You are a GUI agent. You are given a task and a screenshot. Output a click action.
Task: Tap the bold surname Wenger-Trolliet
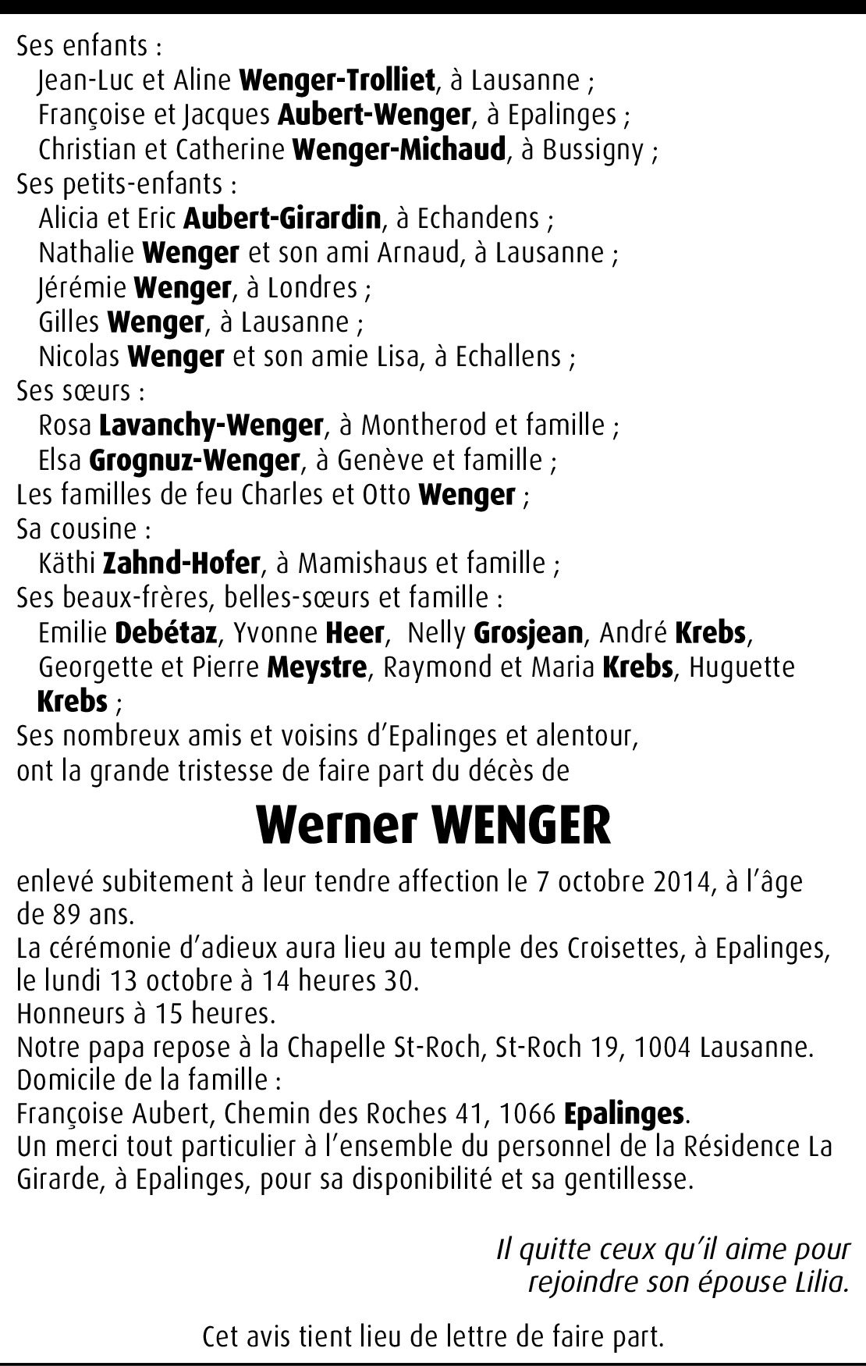(337, 80)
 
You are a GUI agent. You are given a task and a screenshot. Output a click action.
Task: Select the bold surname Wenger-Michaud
(399, 148)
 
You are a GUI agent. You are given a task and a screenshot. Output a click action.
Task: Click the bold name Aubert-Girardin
(282, 218)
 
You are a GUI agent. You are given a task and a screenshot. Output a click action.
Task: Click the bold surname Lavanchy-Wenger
(211, 425)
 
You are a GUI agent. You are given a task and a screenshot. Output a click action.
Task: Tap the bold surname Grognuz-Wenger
(194, 460)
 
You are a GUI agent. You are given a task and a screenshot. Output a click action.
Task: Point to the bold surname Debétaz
(165, 632)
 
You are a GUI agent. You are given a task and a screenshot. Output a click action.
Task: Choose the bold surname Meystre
(316, 667)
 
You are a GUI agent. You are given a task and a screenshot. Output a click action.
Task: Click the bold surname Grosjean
(528, 632)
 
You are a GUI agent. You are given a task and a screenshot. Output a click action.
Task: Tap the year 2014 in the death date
(678, 882)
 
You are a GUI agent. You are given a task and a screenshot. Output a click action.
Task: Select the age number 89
(61, 912)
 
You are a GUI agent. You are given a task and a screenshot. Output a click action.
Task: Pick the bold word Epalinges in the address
(623, 1114)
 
